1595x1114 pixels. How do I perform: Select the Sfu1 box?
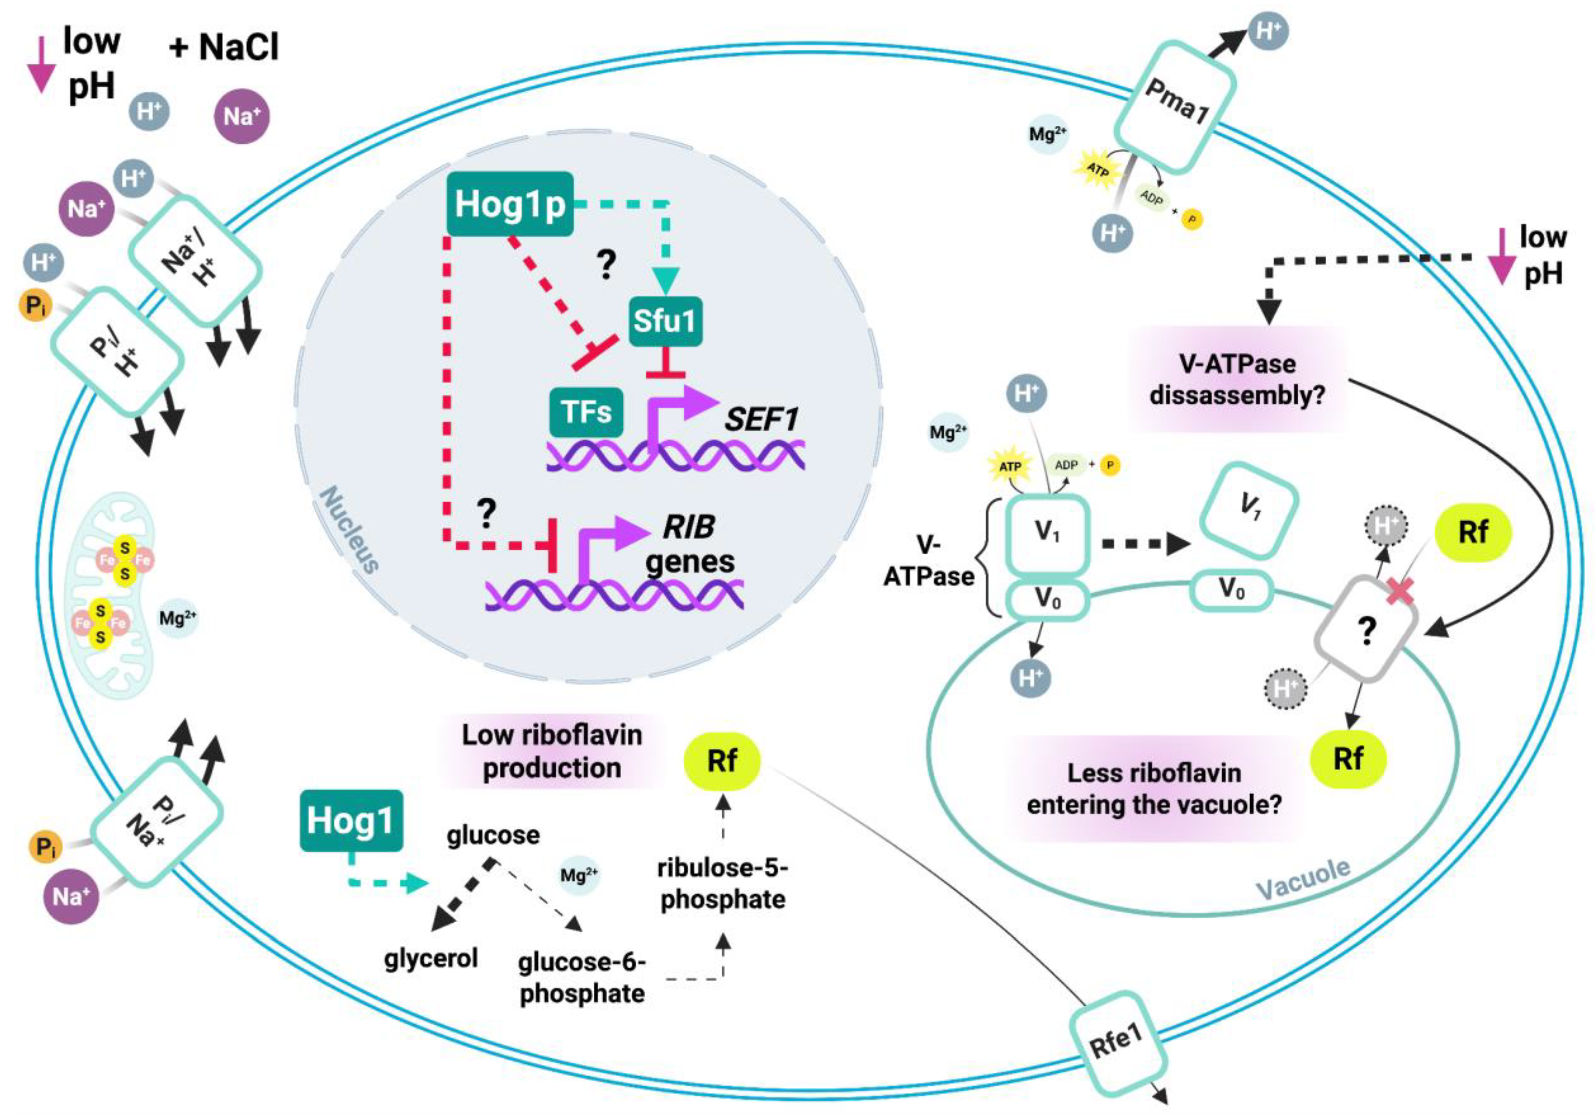click(665, 321)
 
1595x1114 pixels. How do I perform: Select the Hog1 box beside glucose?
click(350, 820)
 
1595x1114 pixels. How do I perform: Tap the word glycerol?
click(431, 959)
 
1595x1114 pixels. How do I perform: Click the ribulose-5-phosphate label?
click(723, 883)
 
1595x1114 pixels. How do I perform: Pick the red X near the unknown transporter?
click(1401, 592)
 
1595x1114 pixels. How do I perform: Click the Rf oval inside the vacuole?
click(1348, 758)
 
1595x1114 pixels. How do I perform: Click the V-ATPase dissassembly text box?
click(1237, 380)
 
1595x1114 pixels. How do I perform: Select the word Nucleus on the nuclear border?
click(349, 529)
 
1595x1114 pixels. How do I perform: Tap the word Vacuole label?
click(1303, 879)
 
